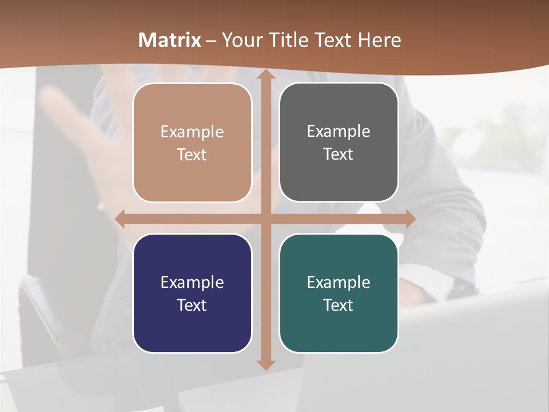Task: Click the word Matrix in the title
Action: pyautogui.click(x=170, y=40)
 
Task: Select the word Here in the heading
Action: pyautogui.click(x=380, y=40)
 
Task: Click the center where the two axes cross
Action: pyautogui.click(x=266, y=219)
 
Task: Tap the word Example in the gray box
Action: pyautogui.click(x=339, y=132)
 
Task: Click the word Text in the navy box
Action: pyautogui.click(x=192, y=305)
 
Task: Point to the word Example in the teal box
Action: pyautogui.click(x=339, y=282)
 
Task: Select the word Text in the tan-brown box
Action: pyautogui.click(x=192, y=154)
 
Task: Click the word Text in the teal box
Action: pyautogui.click(x=339, y=305)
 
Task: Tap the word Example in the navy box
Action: pyautogui.click(x=192, y=282)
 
